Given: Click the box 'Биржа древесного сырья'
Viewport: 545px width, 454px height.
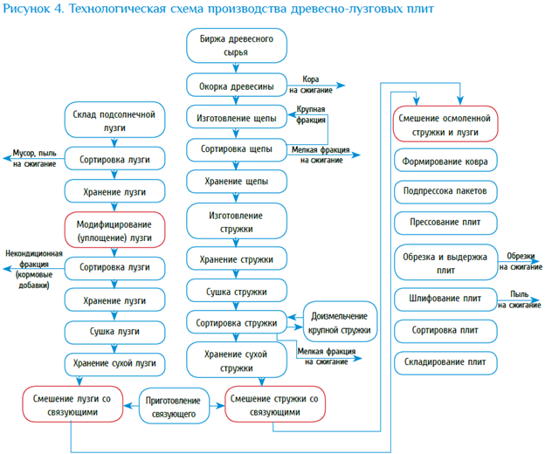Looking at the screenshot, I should (x=236, y=46).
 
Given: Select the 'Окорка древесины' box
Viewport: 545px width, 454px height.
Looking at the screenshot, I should (x=236, y=86).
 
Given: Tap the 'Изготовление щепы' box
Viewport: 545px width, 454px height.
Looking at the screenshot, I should (x=236, y=117).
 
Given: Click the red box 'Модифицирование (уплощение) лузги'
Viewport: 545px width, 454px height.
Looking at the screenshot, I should (x=114, y=230).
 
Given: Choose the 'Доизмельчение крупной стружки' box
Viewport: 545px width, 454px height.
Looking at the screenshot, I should (x=339, y=324).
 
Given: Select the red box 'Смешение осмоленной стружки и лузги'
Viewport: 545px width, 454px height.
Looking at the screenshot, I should (x=445, y=124).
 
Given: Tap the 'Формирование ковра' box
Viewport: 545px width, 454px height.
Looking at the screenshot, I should (x=445, y=162).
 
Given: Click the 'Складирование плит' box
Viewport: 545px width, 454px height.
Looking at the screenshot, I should (x=445, y=361).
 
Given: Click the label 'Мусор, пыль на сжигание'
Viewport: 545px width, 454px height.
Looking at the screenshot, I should (x=34, y=158).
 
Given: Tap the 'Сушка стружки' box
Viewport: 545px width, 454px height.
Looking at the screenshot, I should (x=236, y=292).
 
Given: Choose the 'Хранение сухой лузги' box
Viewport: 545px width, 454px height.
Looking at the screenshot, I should (x=114, y=361).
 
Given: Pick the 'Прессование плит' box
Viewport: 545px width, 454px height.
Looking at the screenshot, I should (x=445, y=223).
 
